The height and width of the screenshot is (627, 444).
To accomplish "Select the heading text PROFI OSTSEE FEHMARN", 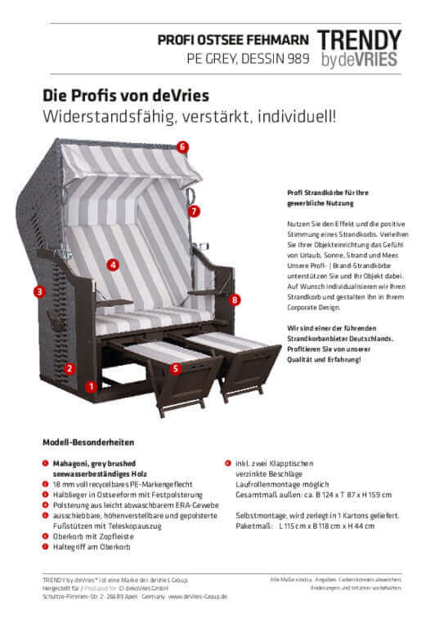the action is coord(233,38).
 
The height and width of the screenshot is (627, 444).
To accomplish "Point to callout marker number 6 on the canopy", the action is coord(182,147).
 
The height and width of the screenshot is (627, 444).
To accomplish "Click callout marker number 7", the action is coord(194,211).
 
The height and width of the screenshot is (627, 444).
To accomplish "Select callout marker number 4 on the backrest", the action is coord(112,264).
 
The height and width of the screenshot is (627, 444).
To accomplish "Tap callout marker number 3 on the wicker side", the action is coord(38,291).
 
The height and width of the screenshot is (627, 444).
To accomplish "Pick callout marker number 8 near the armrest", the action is coord(235,300).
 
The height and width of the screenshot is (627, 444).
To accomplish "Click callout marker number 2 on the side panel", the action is coord(70,368).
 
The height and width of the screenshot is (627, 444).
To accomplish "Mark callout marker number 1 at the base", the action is coord(92,385).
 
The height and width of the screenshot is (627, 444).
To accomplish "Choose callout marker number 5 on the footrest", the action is coord(176,369).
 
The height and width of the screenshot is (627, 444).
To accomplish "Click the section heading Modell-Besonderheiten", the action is coord(87,442).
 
